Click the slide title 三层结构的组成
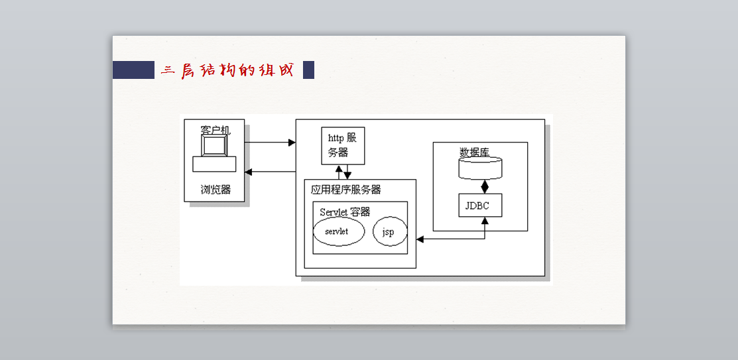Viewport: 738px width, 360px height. point(227,70)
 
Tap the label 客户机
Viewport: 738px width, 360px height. point(215,129)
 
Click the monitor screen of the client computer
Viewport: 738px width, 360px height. point(214,146)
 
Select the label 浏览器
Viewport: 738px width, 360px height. point(215,190)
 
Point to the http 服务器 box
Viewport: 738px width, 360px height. point(343,145)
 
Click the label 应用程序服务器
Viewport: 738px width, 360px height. point(346,190)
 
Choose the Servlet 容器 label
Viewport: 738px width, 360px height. point(345,211)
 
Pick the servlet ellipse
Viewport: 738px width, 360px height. point(339,231)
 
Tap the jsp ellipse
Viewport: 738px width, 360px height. point(390,231)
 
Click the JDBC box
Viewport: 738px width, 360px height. point(480,205)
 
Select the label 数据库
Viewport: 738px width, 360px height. point(475,152)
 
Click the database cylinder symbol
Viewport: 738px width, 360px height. point(480,168)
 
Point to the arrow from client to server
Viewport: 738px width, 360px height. point(270,142)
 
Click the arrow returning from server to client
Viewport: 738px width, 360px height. point(270,172)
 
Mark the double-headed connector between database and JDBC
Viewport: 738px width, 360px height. point(485,186)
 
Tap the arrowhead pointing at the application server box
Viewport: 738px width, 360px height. point(420,239)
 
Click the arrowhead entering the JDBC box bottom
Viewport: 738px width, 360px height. point(485,220)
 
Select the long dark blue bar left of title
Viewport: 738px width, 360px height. point(133,70)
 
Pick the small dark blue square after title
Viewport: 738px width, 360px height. point(308,70)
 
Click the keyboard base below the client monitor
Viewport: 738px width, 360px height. point(214,164)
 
